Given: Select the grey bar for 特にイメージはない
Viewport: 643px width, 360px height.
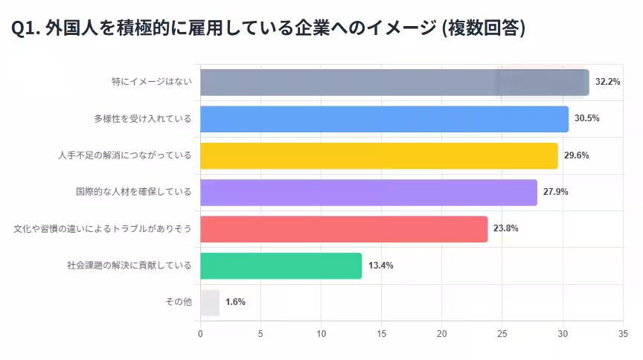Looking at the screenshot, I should pos(394,82).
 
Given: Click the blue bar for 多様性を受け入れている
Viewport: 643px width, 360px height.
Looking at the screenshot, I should pos(384,118).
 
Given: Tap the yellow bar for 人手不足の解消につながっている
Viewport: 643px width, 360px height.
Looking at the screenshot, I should pos(379,155).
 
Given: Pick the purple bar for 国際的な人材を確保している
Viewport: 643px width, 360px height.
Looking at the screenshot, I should pos(368,192).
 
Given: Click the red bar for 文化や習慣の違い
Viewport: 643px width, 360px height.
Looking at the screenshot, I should pos(344,228).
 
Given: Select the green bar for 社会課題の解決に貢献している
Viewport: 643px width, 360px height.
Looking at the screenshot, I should pos(281,266).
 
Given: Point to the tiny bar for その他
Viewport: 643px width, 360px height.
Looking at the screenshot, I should pos(209,302).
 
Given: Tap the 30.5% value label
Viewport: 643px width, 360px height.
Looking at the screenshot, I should pos(587,118).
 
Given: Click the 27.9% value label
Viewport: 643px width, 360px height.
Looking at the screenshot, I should pos(556,192).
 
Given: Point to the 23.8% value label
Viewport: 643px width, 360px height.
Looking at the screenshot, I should pos(506,228).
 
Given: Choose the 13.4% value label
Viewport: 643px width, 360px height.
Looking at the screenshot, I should pos(380,266).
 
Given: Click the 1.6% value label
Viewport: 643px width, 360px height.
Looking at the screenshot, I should pos(235,302).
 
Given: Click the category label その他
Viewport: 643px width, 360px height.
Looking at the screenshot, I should pos(178,302).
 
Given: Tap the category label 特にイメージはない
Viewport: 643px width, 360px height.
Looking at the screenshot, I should pos(152,82).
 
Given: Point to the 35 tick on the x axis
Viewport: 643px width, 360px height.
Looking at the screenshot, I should pos(623,334).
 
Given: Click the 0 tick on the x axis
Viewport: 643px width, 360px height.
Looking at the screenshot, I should pos(200,334).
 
